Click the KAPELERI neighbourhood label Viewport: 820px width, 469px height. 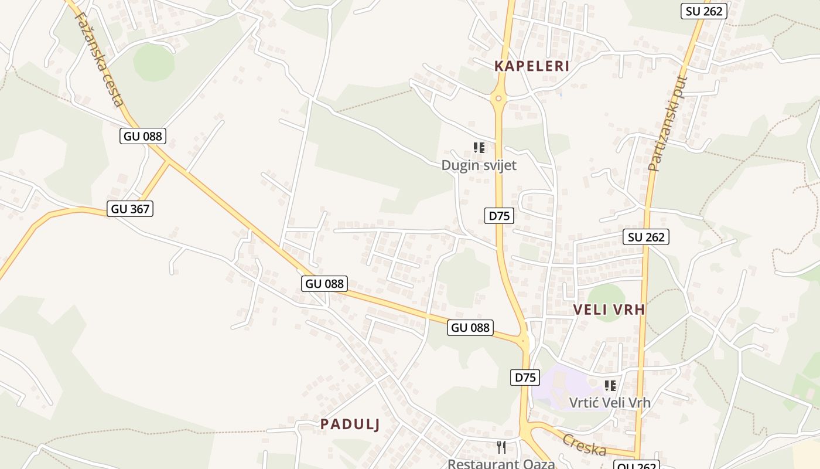(532, 66)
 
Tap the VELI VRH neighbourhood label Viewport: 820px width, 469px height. (609, 310)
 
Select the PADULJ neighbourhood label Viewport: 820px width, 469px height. (350, 424)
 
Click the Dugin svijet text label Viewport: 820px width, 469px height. (479, 165)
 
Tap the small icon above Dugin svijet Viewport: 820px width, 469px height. (479, 148)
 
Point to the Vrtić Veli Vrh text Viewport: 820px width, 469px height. (610, 402)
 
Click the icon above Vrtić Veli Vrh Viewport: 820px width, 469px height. (610, 386)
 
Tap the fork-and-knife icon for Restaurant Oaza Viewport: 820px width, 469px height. (501, 447)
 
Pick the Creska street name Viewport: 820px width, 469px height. (585, 445)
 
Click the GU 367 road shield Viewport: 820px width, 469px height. (130, 209)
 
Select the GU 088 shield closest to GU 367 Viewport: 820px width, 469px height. (143, 137)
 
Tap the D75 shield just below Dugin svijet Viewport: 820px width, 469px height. (499, 216)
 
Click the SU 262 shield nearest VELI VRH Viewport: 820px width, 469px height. (647, 237)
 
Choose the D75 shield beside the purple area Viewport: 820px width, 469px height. (525, 378)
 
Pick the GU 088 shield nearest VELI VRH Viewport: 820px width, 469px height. (470, 328)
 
